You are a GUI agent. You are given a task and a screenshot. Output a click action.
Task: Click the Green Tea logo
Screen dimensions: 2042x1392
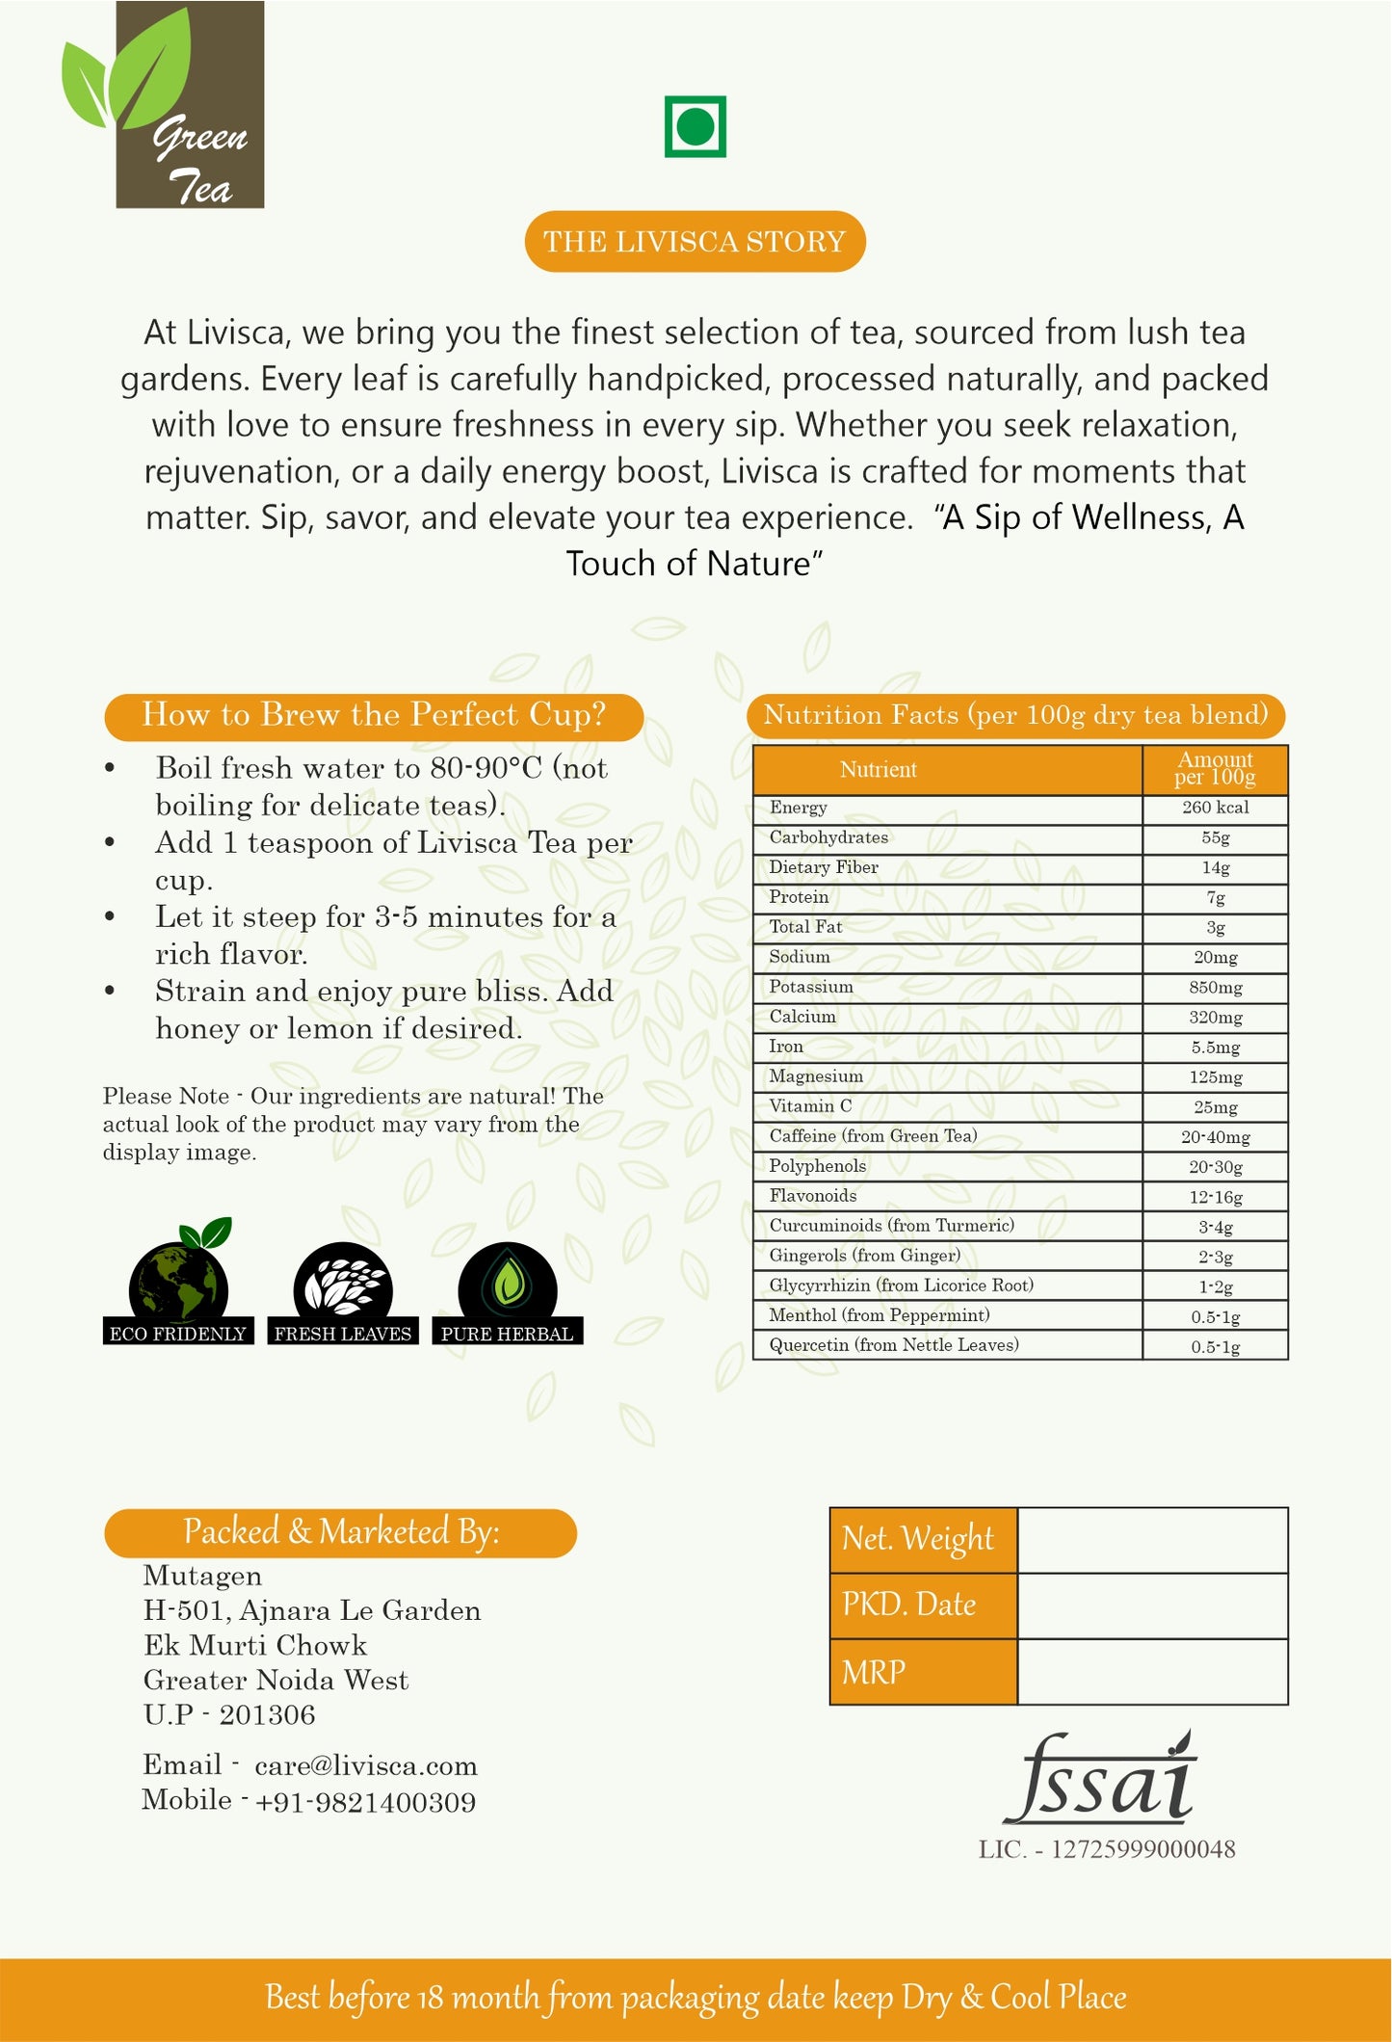(164, 106)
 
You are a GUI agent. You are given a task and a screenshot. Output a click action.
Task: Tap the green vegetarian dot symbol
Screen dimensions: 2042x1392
(695, 126)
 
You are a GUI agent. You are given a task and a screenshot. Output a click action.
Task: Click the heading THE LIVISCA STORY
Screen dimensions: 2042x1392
(695, 241)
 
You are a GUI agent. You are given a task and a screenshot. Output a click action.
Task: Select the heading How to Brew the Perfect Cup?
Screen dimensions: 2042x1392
(374, 716)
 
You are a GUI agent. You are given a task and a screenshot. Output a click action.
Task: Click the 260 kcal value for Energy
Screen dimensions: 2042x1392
(1215, 808)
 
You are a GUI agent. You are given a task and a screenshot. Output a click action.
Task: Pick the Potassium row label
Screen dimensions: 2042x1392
(811, 987)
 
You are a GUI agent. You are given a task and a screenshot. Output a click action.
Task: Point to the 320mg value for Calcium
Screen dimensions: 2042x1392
(1215, 1018)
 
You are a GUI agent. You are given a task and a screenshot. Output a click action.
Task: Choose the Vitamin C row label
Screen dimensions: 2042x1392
(810, 1106)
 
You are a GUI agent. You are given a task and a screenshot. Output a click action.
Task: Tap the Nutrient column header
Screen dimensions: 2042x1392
(878, 769)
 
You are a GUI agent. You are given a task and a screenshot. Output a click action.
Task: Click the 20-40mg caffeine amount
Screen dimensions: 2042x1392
(1215, 1137)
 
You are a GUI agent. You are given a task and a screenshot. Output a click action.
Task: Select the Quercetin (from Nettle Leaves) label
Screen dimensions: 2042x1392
(893, 1345)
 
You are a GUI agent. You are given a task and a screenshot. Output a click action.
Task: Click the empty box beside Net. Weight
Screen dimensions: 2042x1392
(1152, 1540)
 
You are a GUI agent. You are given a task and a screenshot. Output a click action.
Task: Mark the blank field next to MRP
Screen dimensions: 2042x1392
(1152, 1672)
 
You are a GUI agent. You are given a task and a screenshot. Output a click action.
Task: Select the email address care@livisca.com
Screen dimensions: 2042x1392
(366, 1766)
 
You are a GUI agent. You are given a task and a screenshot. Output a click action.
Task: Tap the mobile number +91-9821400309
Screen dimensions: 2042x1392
(366, 1802)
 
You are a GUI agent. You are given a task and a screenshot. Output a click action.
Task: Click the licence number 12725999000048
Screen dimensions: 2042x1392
(1142, 1849)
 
